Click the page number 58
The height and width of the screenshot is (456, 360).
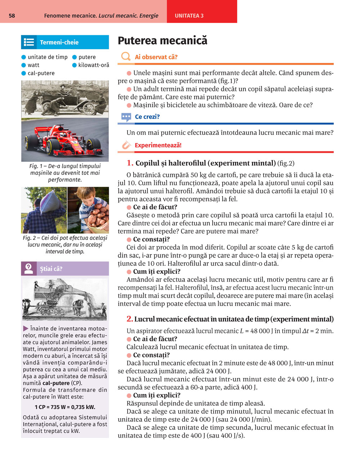(12, 16)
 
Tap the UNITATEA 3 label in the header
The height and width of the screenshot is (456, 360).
(189, 16)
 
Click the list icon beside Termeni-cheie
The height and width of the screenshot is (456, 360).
(29, 42)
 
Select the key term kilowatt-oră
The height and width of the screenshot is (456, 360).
(94, 65)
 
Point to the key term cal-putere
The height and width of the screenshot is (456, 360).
(41, 73)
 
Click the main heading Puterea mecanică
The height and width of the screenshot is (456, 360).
(162, 41)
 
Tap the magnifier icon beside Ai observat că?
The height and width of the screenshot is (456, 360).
(126, 56)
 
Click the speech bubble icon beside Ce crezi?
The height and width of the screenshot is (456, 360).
(126, 117)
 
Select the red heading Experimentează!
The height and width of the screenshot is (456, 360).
(158, 145)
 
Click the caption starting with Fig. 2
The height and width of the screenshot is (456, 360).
(65, 245)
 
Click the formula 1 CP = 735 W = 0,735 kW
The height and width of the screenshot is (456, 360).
(65, 407)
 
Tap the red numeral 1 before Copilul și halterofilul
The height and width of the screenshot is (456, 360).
(130, 163)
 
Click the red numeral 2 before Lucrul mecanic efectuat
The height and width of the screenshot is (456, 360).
(130, 319)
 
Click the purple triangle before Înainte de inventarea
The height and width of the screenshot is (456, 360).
(26, 328)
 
